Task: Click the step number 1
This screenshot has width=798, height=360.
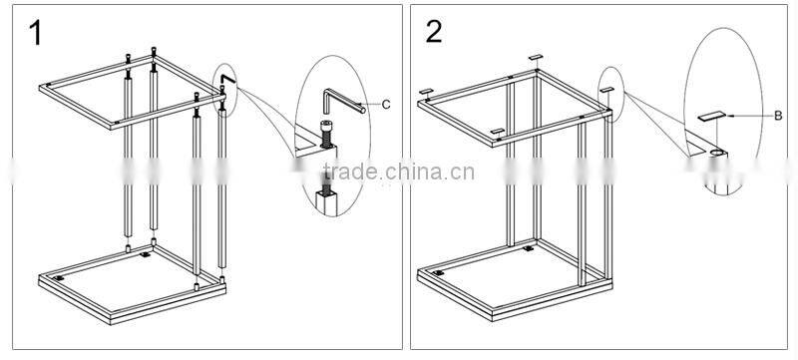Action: coord(35,33)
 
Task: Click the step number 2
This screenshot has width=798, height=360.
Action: coord(434,32)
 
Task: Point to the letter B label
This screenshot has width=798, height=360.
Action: coord(777,117)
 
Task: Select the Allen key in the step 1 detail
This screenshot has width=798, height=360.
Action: coord(339,101)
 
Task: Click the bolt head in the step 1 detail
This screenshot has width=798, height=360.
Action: coord(328,129)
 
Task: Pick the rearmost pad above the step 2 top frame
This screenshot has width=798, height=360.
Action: coord(536,58)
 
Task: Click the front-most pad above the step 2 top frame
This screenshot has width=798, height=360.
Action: coord(496,132)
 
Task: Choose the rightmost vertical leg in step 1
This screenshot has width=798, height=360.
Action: coord(221,180)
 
